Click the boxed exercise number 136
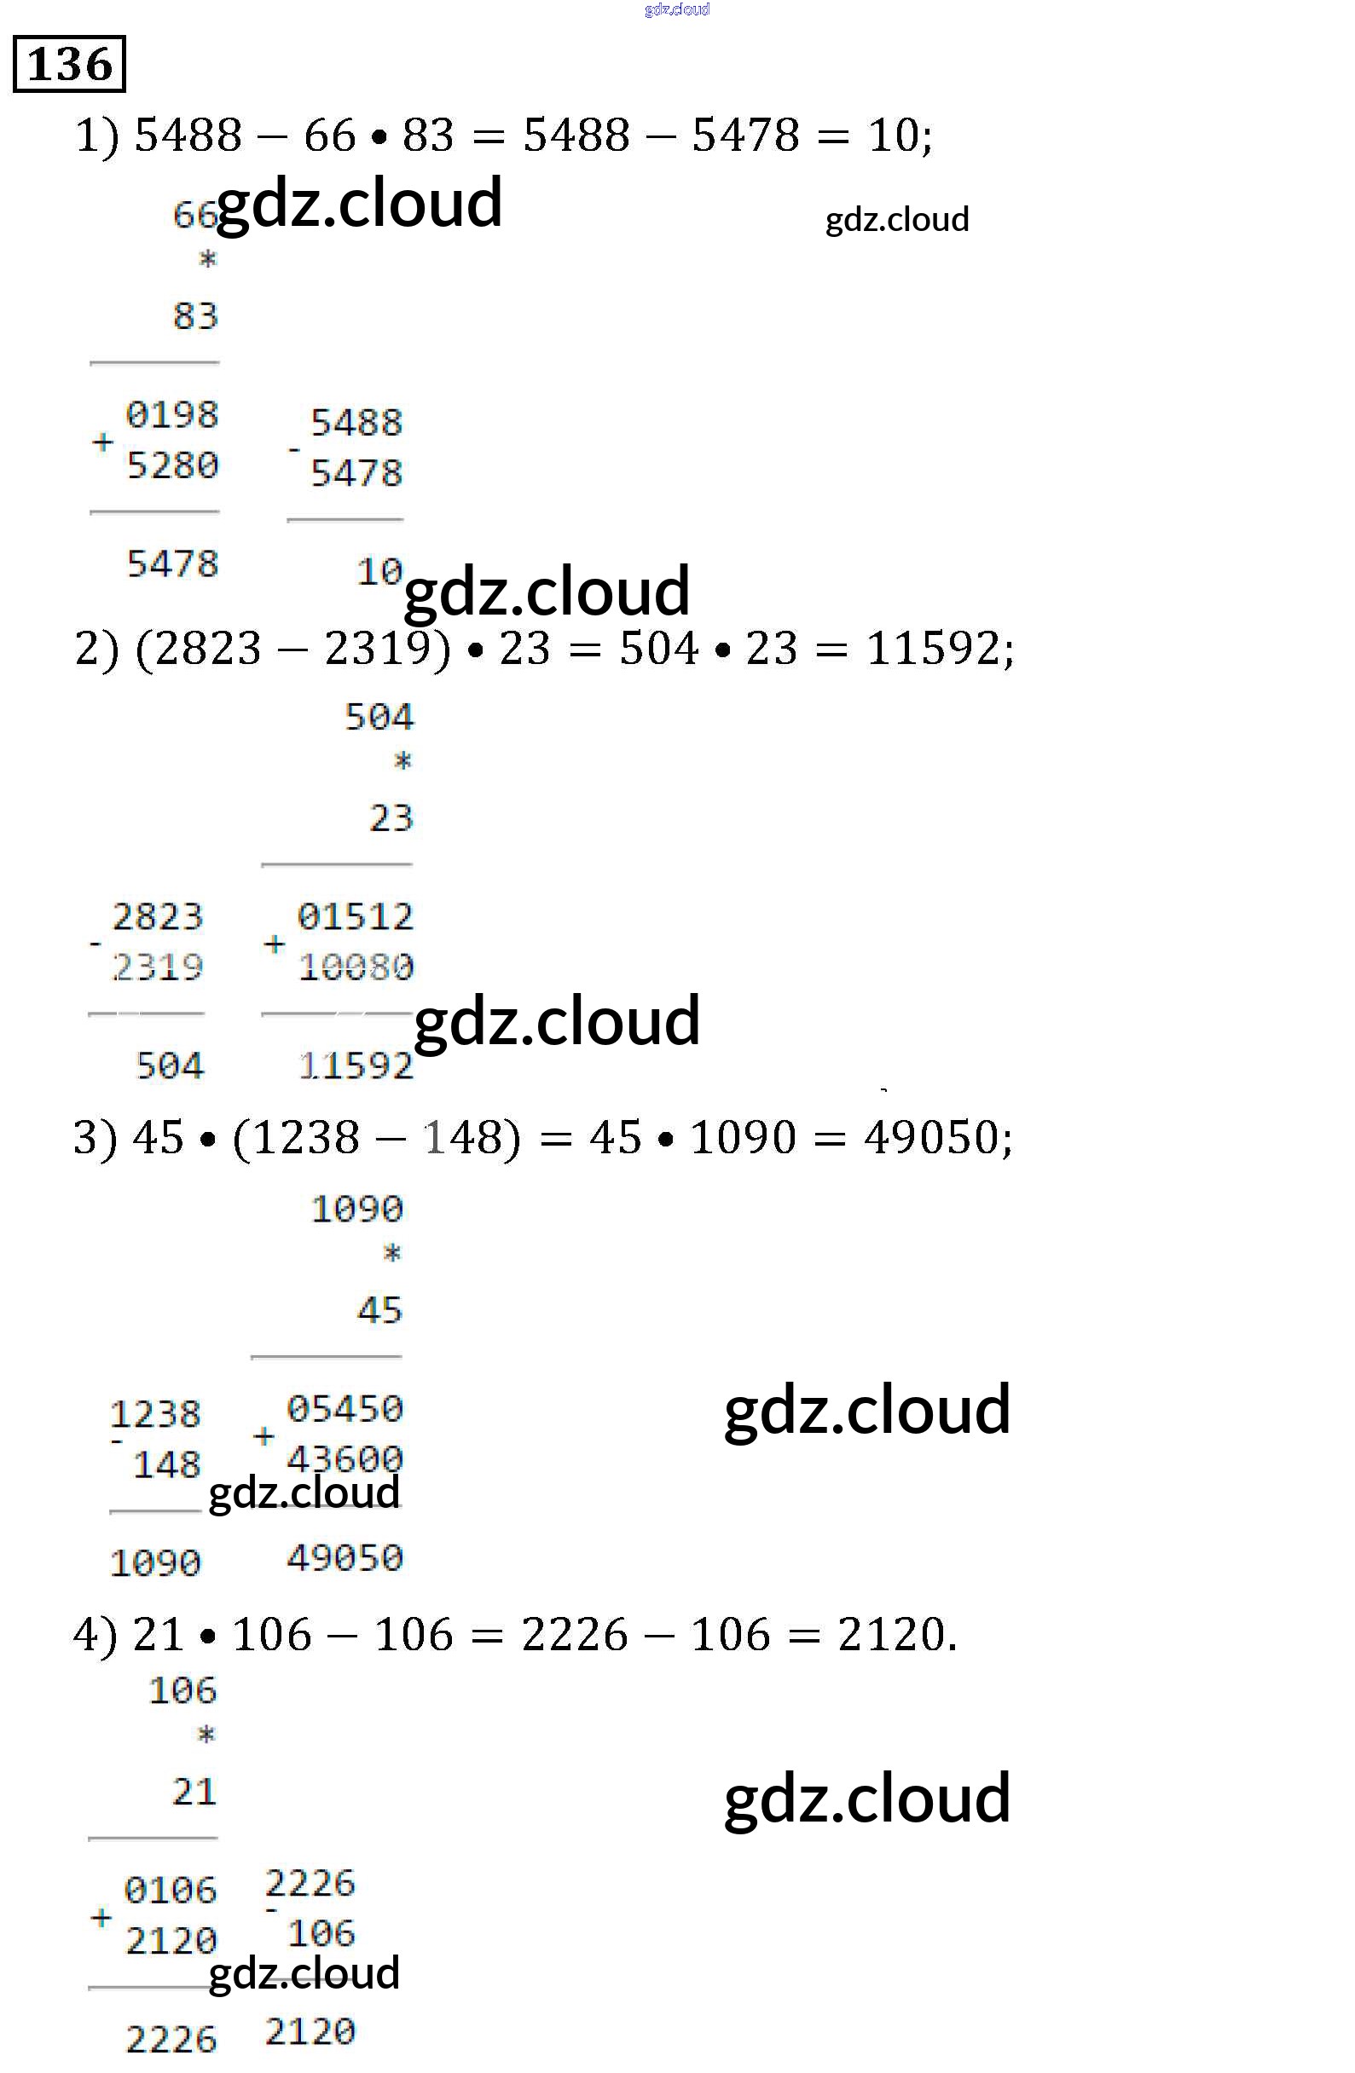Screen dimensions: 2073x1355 point(70,65)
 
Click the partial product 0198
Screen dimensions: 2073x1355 point(171,414)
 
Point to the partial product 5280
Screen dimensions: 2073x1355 point(172,465)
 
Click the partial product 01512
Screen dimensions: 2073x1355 point(356,916)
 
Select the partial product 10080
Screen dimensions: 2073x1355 point(356,967)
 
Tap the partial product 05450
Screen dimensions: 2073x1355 point(345,1408)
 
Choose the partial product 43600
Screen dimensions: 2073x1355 point(345,1458)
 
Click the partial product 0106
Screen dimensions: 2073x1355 point(171,1890)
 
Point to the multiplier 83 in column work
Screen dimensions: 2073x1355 point(195,316)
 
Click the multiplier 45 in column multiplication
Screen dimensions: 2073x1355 point(380,1310)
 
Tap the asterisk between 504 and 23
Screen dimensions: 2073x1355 point(402,762)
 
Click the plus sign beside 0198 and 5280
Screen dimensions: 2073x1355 point(102,442)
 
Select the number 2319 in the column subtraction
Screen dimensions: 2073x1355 point(158,967)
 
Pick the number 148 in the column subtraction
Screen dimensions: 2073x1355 point(166,1465)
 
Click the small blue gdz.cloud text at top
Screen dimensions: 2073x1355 point(677,9)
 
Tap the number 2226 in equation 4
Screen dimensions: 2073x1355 point(574,1634)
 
